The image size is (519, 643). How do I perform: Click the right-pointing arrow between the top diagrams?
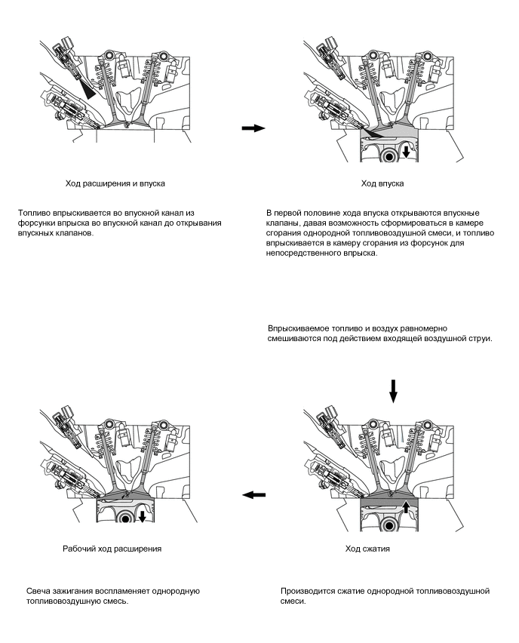253,128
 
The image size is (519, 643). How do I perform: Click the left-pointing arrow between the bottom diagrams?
254,494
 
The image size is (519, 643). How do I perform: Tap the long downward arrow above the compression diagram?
392,391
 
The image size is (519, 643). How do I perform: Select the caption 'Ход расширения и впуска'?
115,183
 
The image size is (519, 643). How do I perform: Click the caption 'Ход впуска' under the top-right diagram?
382,183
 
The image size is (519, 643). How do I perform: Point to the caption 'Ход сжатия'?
367,549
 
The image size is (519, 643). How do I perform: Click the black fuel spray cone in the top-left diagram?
91,91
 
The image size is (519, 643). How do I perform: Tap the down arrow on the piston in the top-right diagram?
407,152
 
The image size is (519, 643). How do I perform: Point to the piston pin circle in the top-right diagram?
390,157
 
